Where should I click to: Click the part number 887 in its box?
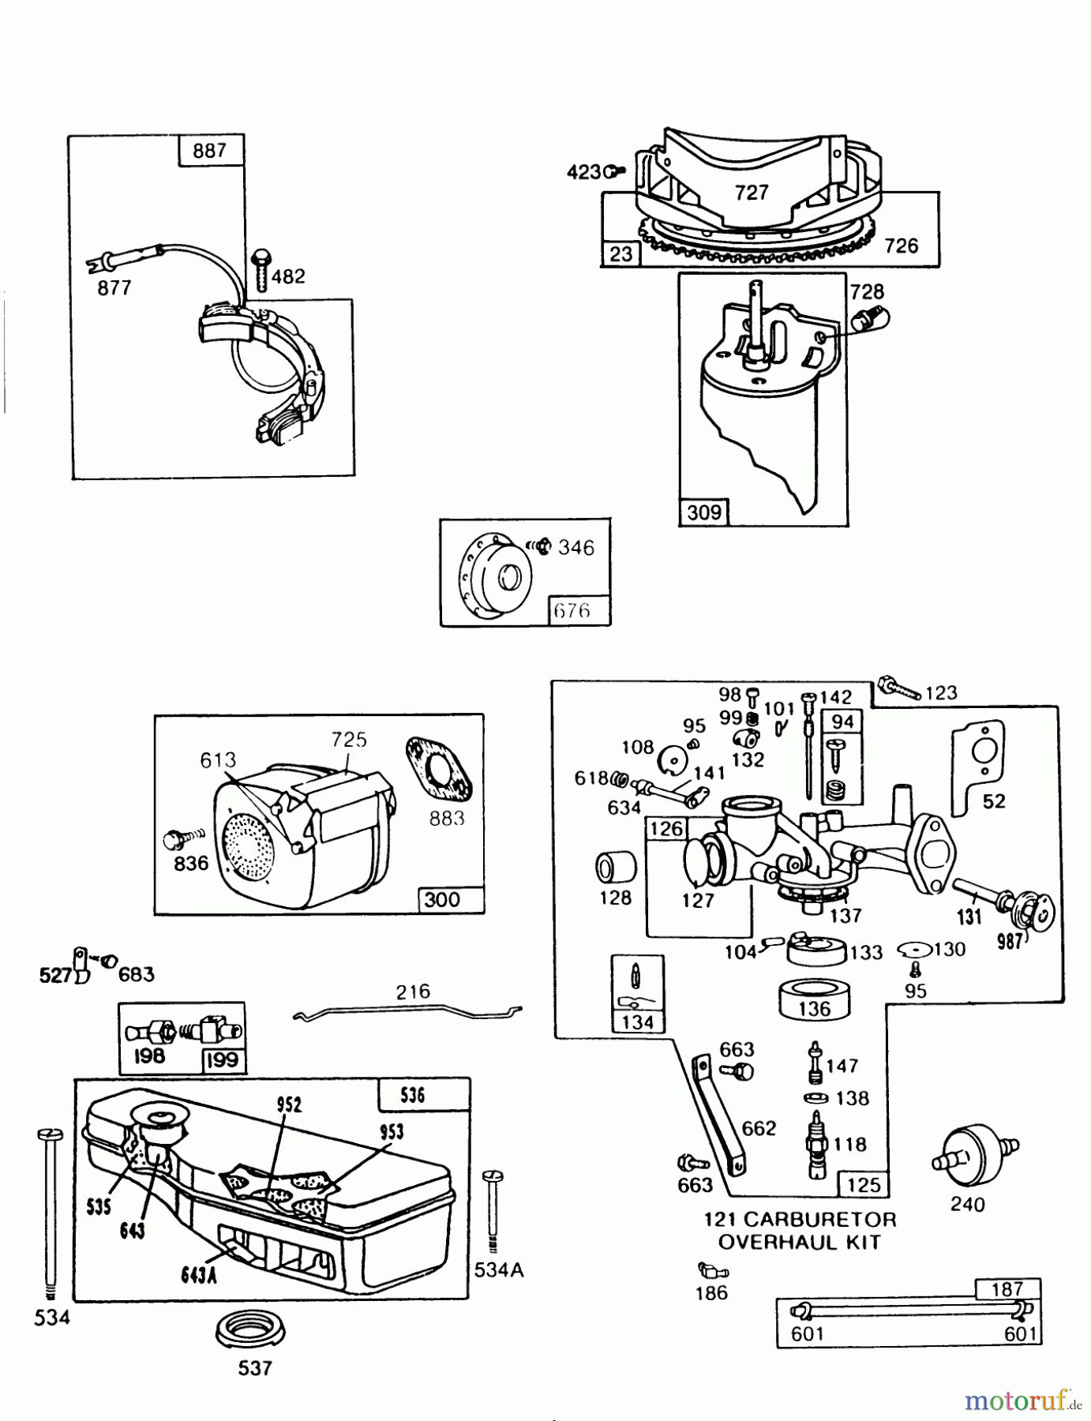pyautogui.click(x=208, y=150)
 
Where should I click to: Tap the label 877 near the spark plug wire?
pyautogui.click(x=114, y=288)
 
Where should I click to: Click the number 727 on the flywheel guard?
pyautogui.click(x=751, y=193)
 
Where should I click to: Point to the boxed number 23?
pyautogui.click(x=620, y=254)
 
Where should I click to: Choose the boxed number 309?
pyautogui.click(x=703, y=512)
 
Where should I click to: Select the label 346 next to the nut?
pyautogui.click(x=575, y=547)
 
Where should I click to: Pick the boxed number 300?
pyautogui.click(x=442, y=900)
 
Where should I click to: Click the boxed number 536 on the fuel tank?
pyautogui.click(x=413, y=1095)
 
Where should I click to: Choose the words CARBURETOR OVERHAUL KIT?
pyautogui.click(x=800, y=1230)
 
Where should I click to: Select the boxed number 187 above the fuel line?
pyautogui.click(x=1007, y=1289)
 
